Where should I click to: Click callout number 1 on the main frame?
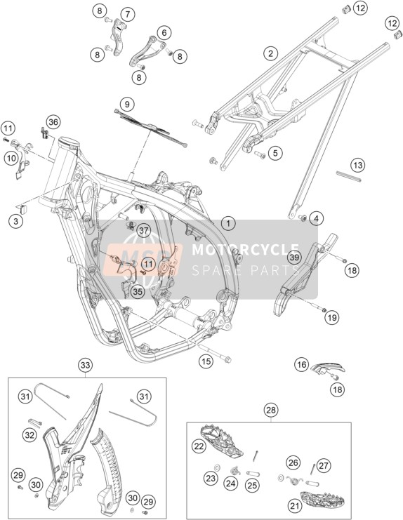(228, 224)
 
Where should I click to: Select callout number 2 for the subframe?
(271, 53)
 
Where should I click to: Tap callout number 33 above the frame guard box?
(86, 366)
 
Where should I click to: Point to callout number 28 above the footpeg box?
(271, 411)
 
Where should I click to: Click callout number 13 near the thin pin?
(358, 165)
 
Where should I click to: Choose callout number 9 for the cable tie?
(127, 105)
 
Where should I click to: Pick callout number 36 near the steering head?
(53, 122)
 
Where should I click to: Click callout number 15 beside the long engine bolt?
(206, 361)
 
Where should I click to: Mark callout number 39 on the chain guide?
(295, 257)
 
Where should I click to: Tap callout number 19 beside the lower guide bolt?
(332, 318)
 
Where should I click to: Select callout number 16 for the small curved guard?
(301, 365)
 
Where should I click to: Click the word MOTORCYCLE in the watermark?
(246, 250)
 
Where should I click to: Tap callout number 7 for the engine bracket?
(128, 14)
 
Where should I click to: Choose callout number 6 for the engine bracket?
(164, 33)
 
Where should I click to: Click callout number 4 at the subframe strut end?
(316, 218)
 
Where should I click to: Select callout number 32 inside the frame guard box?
(29, 434)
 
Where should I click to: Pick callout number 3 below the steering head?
(16, 221)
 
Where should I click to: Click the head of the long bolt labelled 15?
(228, 359)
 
